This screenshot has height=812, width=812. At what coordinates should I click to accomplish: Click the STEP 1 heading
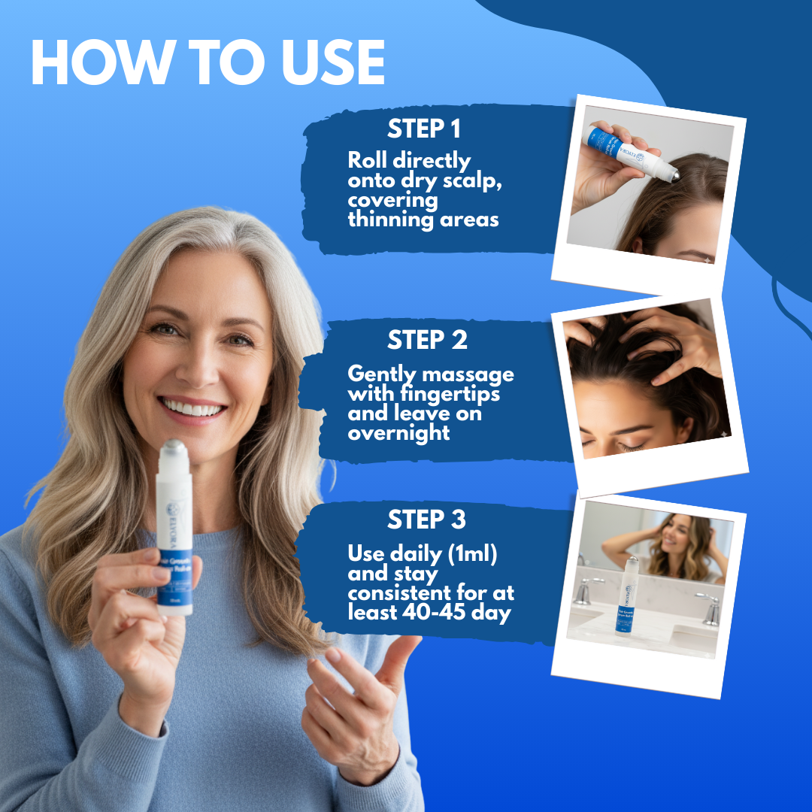(x=424, y=129)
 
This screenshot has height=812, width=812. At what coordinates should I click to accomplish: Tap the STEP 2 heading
(x=427, y=341)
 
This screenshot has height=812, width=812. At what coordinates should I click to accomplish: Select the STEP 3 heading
(x=426, y=520)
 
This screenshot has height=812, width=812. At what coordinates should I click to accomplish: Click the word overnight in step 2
(x=398, y=434)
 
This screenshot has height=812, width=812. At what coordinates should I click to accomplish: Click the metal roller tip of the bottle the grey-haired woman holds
(x=173, y=449)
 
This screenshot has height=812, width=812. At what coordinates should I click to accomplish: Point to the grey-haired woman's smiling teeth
(x=193, y=409)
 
